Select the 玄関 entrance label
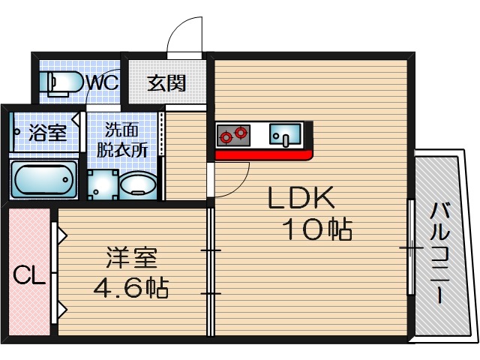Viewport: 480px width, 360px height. point(166,82)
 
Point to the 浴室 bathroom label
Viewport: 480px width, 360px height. point(47,134)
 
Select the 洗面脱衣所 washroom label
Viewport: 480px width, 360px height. point(121,138)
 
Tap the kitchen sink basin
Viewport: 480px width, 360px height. point(284,136)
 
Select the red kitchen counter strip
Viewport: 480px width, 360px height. point(262,155)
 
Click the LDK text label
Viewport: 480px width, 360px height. point(300,198)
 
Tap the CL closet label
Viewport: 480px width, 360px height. point(28,277)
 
